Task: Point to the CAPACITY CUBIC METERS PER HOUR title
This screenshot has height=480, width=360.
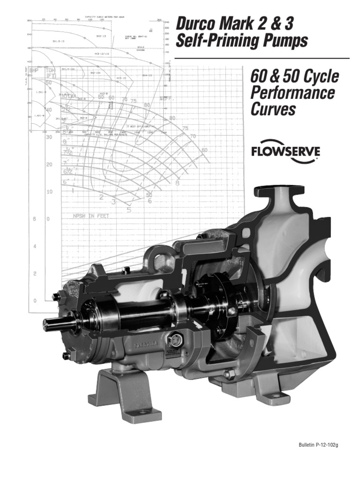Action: pos(104,17)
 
